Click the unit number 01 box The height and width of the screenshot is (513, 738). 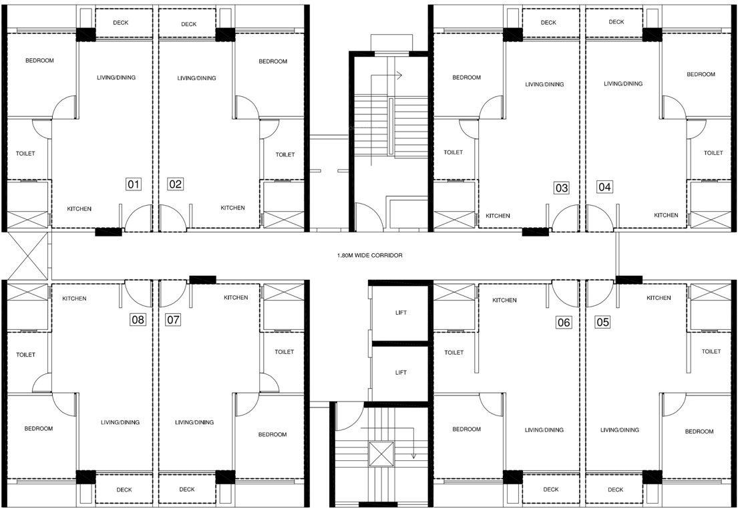point(134,184)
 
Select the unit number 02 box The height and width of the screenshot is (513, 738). point(175,184)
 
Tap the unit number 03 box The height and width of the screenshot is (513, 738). point(562,188)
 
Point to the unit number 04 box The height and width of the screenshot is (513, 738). point(604,187)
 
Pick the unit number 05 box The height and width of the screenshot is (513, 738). point(603,323)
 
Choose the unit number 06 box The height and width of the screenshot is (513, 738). point(564,323)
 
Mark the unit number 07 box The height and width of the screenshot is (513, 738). point(173,320)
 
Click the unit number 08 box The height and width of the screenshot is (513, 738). point(138,320)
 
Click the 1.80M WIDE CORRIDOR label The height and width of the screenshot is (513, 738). point(370,255)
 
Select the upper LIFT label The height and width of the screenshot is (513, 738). point(401,313)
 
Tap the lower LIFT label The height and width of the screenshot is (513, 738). point(401,373)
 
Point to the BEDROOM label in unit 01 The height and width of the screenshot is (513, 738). point(39,61)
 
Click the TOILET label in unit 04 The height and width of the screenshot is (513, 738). point(713,153)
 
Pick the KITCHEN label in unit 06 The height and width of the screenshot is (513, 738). point(504,301)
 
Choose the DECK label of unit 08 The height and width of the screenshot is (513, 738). point(124,490)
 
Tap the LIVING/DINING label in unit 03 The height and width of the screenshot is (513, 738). point(544,85)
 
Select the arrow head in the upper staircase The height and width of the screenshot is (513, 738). point(399,75)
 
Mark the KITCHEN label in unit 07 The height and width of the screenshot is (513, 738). point(236,298)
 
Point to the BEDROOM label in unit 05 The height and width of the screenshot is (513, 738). point(699,432)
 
